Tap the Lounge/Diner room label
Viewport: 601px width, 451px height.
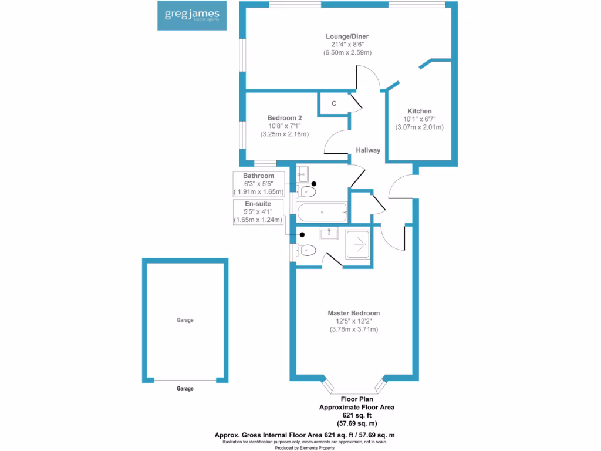tap(347, 37)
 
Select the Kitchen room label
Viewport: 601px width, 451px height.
tap(420, 111)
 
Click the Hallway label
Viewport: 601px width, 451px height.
tap(367, 150)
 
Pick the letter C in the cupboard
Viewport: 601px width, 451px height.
tap(334, 103)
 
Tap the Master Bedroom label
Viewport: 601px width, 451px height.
tap(353, 313)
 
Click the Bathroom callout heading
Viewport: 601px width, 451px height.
tap(259, 176)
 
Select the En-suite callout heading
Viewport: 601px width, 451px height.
tap(259, 204)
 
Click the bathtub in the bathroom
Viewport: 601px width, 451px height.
tap(322, 213)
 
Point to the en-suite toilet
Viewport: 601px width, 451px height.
tap(306, 251)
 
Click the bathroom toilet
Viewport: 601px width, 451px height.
tap(306, 191)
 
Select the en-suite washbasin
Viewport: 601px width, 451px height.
tap(329, 233)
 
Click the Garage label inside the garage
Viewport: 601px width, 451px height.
tap(185, 320)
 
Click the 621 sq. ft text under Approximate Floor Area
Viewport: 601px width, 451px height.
tap(356, 415)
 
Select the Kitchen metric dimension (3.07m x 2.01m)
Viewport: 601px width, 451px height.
tap(420, 127)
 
